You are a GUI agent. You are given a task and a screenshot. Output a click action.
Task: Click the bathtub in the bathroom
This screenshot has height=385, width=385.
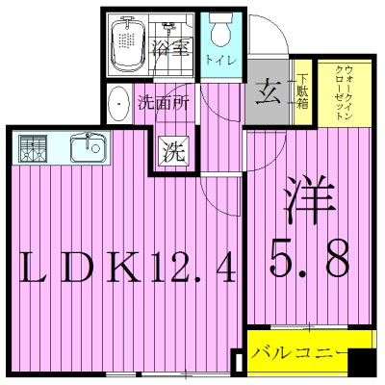pos(127,43)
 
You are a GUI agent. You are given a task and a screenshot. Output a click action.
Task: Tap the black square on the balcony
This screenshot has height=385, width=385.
pos(360,367)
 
